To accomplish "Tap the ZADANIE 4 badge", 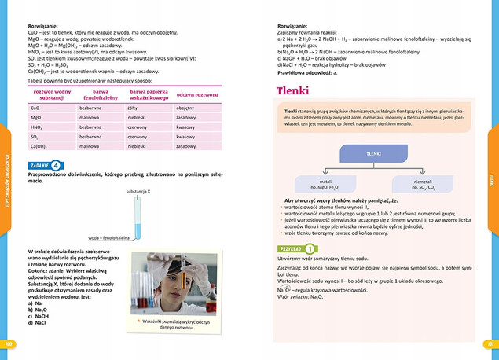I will (x=45, y=165).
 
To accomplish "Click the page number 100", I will (x=10, y=343).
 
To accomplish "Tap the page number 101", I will (x=489, y=343).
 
